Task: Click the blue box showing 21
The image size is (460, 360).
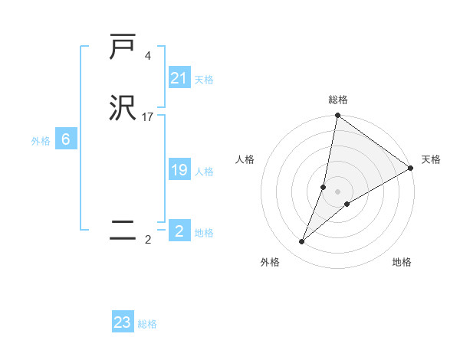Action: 179,77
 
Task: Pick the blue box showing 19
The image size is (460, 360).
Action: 179,170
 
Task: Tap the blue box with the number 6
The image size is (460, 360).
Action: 66,139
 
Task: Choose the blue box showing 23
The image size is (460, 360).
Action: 123,322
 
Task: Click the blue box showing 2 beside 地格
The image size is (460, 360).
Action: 179,231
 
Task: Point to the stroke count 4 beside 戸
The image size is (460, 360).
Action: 147,55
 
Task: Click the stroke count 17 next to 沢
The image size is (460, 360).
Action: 148,117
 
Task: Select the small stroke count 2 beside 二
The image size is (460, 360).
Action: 147,240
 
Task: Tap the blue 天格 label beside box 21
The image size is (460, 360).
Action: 204,79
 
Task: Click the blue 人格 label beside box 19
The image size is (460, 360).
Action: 204,172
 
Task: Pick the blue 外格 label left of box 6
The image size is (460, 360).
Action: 41,141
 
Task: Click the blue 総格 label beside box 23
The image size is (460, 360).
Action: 147,324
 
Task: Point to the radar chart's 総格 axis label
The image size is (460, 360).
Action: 338,100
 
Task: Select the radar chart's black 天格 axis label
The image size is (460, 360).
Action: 431,159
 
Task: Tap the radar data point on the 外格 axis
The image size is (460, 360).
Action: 301,242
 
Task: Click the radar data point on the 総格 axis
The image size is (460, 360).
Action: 337,116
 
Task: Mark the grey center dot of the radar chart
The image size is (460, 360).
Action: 338,191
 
